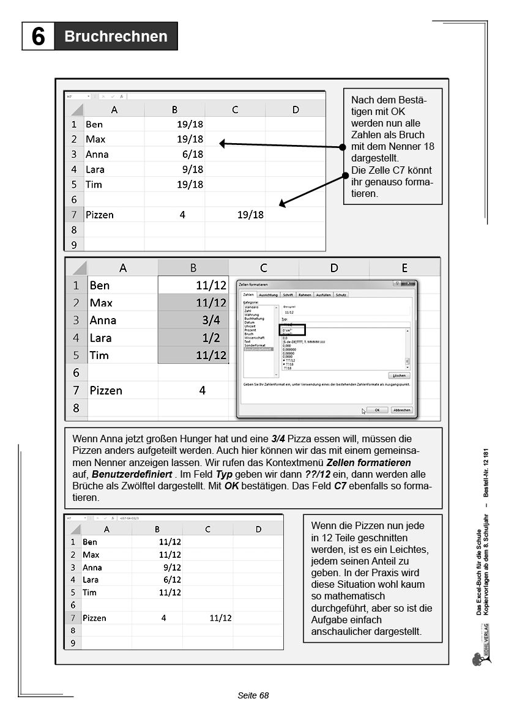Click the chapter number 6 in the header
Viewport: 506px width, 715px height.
(x=38, y=37)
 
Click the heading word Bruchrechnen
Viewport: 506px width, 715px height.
(x=116, y=37)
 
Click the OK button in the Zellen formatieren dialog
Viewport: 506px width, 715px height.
(x=377, y=410)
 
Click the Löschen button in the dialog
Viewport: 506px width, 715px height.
(x=398, y=376)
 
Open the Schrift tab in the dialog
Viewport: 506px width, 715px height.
(x=288, y=295)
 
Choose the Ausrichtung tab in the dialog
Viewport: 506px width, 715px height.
(x=268, y=295)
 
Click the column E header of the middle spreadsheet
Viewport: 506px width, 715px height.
(x=404, y=268)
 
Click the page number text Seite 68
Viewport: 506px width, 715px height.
(x=253, y=695)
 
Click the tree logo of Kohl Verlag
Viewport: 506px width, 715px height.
(x=478, y=659)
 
